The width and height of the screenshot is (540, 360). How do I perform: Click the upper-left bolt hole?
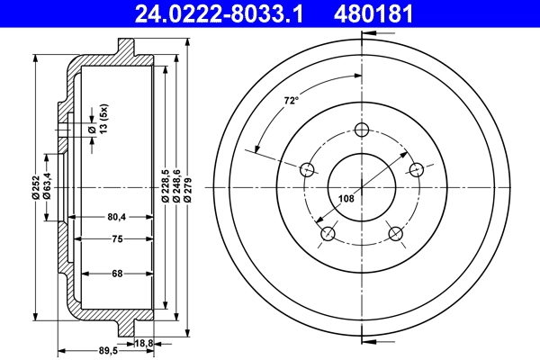pos(306,169)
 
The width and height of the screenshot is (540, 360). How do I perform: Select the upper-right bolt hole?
pos(417,169)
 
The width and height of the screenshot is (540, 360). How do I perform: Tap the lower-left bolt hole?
pos(328,235)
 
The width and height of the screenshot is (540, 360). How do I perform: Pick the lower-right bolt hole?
pos(395,235)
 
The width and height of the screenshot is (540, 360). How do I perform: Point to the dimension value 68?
pos(117,274)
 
